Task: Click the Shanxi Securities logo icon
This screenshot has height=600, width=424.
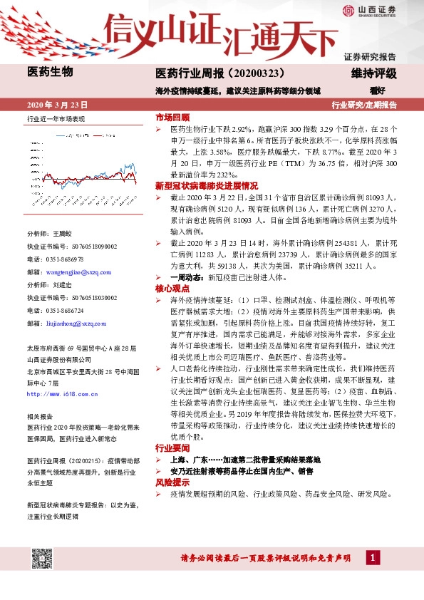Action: (348, 9)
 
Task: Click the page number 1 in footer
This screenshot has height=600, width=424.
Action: (374, 557)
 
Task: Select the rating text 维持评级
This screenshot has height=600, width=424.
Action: (375, 73)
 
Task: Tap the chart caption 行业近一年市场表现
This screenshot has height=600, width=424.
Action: (56, 120)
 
